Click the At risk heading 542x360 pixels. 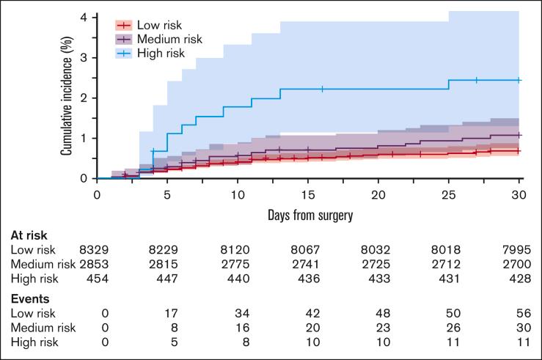click(x=28, y=236)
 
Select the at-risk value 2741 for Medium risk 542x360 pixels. click(x=308, y=264)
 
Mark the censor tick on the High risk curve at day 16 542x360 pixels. click(x=322, y=89)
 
